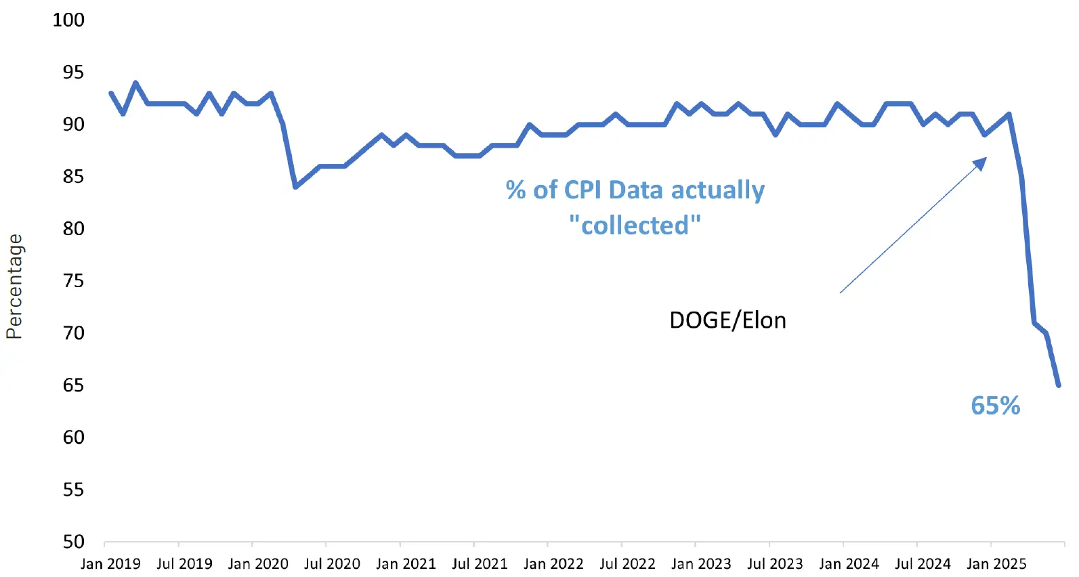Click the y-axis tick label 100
coord(68,20)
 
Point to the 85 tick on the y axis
coord(73,176)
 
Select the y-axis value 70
coord(73,333)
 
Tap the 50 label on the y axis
coord(73,542)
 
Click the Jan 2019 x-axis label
coord(110,563)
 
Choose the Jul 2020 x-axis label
coord(332,563)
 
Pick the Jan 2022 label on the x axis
coord(553,563)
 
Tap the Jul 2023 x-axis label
coord(775,563)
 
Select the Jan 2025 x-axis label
coord(996,563)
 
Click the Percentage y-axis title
coord(14,286)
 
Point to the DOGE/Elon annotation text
coord(727,320)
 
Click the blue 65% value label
coord(995,406)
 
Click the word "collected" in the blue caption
coord(635,226)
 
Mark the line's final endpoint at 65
coord(1058,385)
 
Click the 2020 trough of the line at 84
coord(295,186)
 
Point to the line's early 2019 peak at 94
coord(135,83)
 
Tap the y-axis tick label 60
coord(73,437)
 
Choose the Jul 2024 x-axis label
coord(923,563)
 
